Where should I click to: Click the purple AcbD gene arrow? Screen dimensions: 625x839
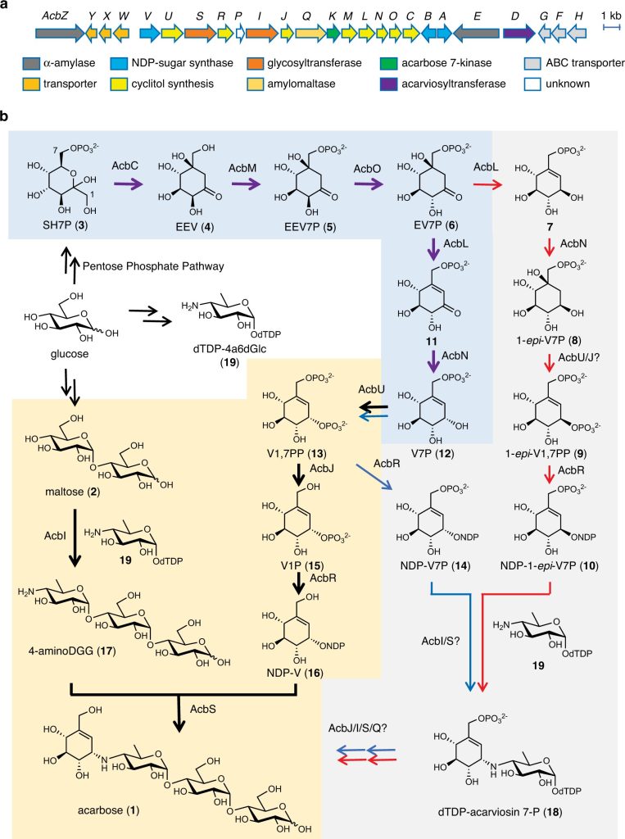pos(519,33)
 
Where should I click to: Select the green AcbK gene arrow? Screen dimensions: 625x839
pos(333,33)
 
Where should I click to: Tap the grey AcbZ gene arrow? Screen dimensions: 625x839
pos(60,33)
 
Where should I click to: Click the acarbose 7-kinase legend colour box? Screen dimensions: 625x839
pos(388,63)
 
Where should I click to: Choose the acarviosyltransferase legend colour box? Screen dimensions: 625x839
pos(388,84)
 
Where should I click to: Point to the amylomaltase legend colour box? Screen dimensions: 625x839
pos(256,84)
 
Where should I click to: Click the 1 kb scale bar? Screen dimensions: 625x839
pos(611,27)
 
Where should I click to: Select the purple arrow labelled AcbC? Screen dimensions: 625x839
pos(129,184)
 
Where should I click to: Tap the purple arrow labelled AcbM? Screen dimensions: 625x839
pos(246,184)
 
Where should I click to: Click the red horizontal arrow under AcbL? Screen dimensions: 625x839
pos(487,184)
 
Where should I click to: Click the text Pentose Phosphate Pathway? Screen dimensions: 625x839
pos(153,266)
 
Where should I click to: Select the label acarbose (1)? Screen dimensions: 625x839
pos(109,810)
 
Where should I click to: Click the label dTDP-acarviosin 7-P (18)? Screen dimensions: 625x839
pos(499,812)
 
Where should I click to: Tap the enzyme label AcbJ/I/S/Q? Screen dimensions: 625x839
pos(358,728)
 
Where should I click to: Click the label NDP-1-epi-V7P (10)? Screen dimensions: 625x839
pos(549,565)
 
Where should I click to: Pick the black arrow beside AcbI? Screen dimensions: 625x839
pos(75,537)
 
